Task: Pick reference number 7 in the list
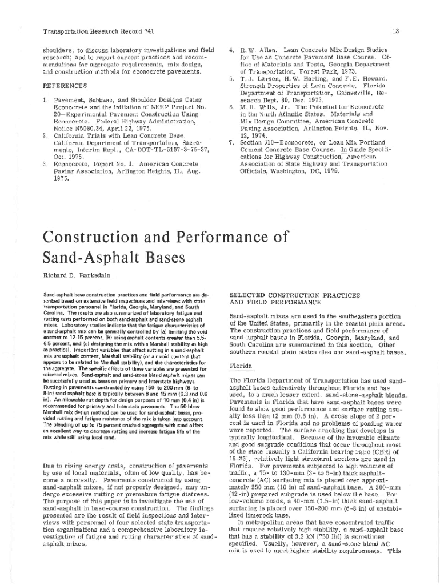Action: pyautogui.click(x=231, y=142)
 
